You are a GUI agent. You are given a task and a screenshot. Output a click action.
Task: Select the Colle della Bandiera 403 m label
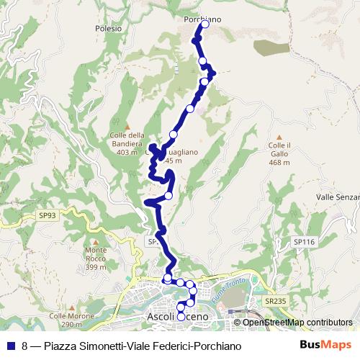[127, 143]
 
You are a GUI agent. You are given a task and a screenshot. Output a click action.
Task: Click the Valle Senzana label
[338, 196]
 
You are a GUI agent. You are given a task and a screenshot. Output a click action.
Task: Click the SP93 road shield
[48, 215]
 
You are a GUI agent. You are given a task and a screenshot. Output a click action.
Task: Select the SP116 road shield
[305, 242]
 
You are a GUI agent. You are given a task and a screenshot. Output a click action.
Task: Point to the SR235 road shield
[275, 302]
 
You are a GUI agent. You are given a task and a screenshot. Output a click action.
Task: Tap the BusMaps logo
[325, 345]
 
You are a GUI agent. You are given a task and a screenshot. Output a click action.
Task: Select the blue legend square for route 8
[9, 345]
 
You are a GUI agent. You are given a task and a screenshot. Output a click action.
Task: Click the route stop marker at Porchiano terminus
[204, 24]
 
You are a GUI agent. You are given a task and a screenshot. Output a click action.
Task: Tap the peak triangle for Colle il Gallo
[279, 137]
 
